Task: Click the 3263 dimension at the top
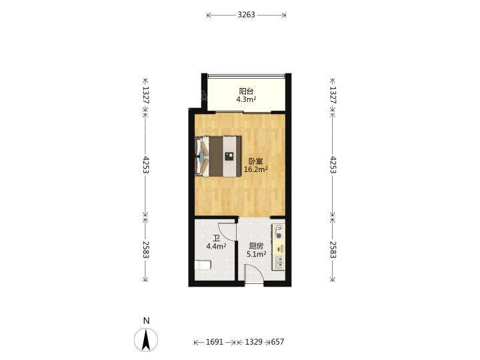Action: pos(246,15)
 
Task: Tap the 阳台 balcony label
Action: pos(246,91)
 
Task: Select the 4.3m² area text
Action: pos(246,99)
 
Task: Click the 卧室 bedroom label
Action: pos(255,161)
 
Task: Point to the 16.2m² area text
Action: pos(256,169)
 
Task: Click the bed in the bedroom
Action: pos(217,156)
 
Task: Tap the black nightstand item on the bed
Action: pos(229,157)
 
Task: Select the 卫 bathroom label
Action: pos(217,238)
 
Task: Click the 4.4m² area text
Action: pos(216,246)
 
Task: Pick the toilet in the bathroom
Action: pos(203,265)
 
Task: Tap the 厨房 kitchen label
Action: pos(256,246)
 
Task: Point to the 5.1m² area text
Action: pos(256,254)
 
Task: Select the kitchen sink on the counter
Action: pos(279,262)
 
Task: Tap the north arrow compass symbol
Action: pos(146,339)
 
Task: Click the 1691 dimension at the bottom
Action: pos(214,341)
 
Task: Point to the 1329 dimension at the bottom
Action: pos(254,341)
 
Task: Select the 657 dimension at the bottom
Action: pos(277,341)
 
